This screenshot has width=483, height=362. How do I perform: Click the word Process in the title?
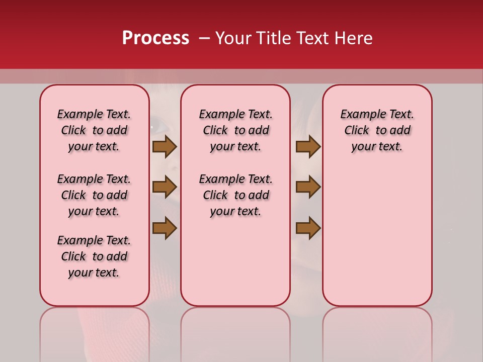155,38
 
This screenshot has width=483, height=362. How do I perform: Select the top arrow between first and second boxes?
165,146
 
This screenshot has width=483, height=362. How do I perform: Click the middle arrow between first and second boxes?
165,187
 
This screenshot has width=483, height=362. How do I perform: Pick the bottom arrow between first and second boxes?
165,228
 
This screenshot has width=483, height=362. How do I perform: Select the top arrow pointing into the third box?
308,146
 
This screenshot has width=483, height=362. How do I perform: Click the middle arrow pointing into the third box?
308,187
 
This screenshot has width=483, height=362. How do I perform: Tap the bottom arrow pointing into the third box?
308,228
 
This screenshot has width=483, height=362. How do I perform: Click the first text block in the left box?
94,130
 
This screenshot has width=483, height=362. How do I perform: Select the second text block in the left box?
94,195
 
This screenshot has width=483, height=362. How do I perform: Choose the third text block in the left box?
94,256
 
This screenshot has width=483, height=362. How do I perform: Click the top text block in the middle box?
235,130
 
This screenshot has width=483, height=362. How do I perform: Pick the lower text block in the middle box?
235,195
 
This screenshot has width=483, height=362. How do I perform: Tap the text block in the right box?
377,130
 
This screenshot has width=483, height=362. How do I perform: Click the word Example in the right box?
360,115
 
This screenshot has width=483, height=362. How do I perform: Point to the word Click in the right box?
357,131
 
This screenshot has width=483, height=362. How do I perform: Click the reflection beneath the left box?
95,332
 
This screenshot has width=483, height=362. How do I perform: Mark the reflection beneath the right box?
377,332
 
